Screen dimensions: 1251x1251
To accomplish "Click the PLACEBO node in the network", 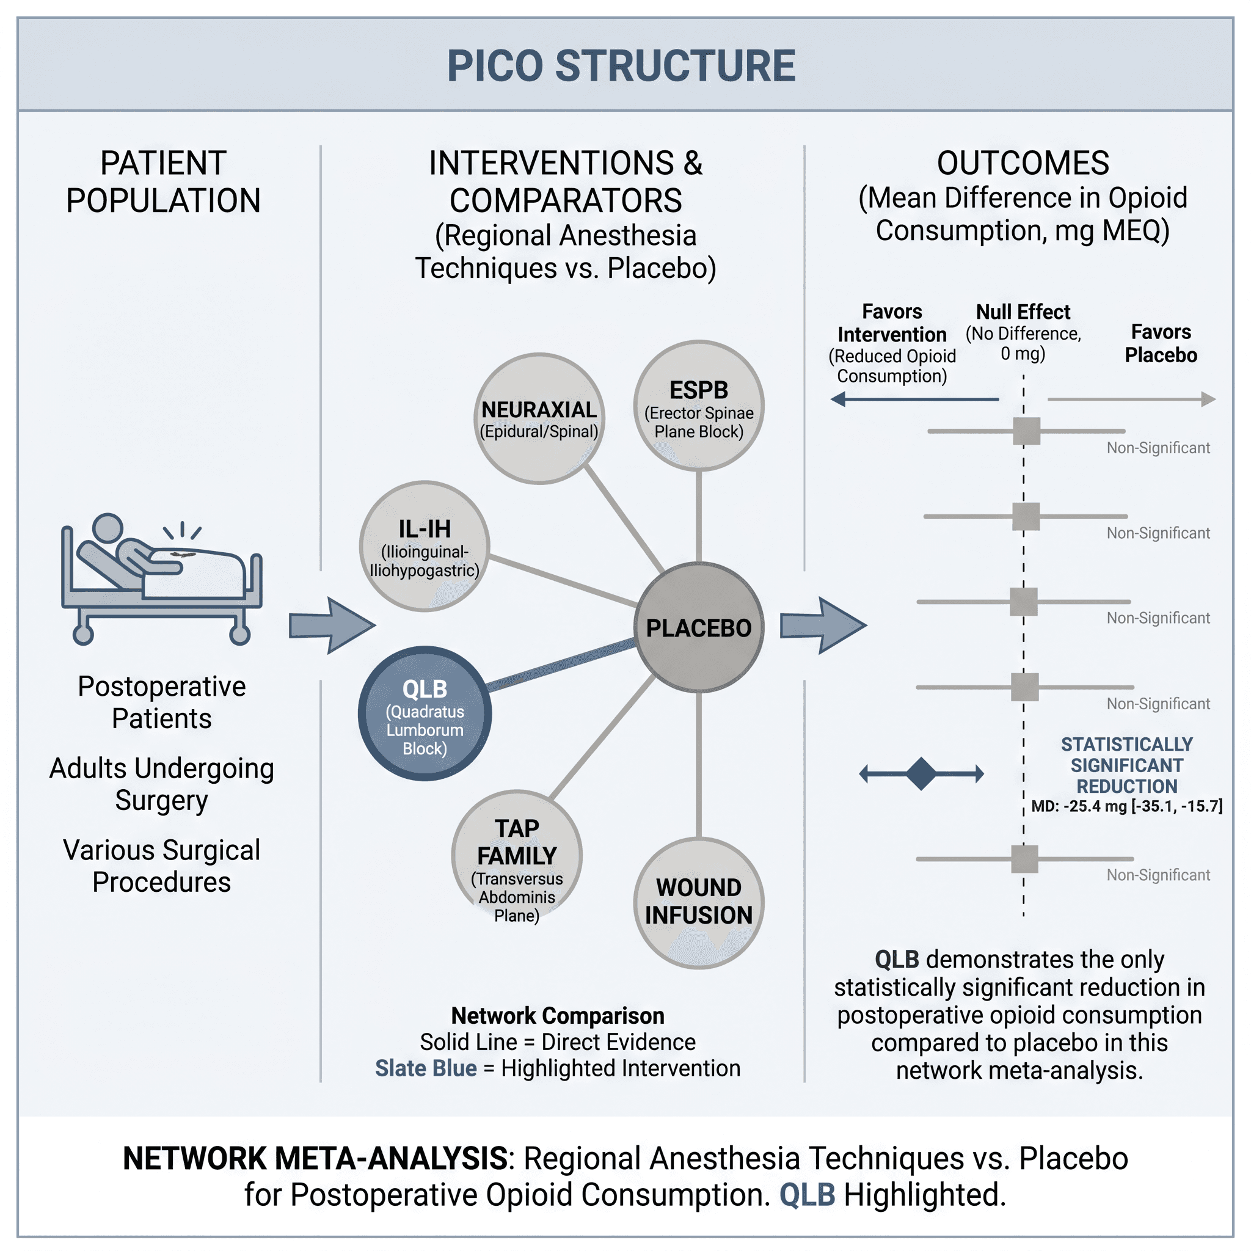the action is coord(699,627).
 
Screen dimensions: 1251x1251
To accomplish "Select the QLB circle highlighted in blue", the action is coord(425,713).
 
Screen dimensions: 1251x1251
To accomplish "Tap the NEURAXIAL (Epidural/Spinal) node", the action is coord(539,418).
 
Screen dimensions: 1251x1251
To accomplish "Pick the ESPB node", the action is coord(699,406).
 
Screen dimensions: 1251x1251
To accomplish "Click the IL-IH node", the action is coord(424,546).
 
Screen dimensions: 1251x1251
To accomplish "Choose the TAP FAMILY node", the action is coord(517,855).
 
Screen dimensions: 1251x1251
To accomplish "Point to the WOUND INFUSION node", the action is coord(699,903).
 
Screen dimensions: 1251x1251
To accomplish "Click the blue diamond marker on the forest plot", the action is coord(921,773).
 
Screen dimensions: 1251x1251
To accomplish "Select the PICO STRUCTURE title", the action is coord(621,66).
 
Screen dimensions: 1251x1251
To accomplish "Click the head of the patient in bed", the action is coord(108,528).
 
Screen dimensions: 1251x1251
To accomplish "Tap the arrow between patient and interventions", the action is coord(332,625).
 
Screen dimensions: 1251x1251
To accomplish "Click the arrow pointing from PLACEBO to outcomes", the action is coord(823,625).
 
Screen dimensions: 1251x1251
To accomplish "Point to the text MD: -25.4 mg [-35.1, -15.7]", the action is coord(1126,806).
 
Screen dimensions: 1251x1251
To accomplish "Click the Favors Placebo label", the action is coord(1161,343).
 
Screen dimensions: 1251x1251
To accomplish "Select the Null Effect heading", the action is coord(1023,312).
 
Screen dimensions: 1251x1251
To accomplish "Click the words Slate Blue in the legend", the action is coord(426,1068).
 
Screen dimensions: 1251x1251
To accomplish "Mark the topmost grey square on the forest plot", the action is coord(1026,431).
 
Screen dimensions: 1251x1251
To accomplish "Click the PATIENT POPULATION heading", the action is coord(163,182).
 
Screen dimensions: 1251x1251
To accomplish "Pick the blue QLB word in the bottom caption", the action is coord(807,1195).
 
